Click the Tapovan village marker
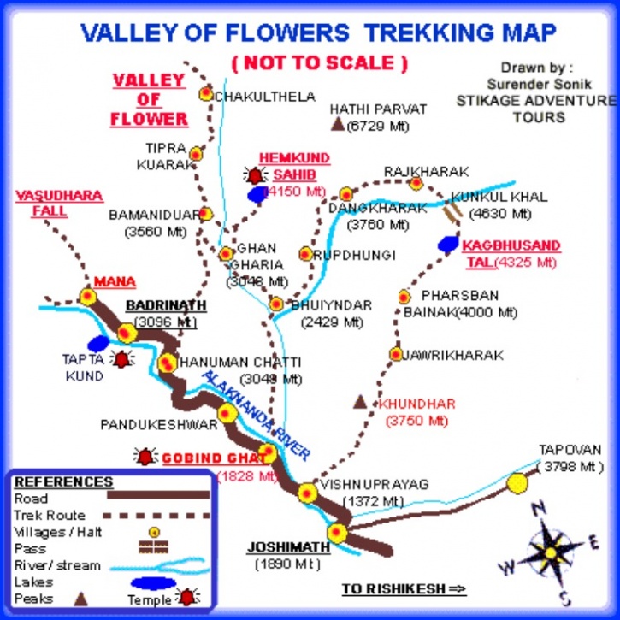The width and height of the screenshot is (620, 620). pos(517,483)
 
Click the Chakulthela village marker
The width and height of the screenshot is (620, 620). pos(205,94)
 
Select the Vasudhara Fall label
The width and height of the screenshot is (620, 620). pos(59,204)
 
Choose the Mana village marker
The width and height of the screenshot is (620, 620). pos(86,296)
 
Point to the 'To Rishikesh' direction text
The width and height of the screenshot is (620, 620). pos(404,589)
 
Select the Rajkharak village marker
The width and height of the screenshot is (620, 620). pos(416,183)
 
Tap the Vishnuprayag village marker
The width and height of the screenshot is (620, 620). pos(307,493)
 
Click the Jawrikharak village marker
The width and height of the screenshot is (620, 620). pos(395,353)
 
